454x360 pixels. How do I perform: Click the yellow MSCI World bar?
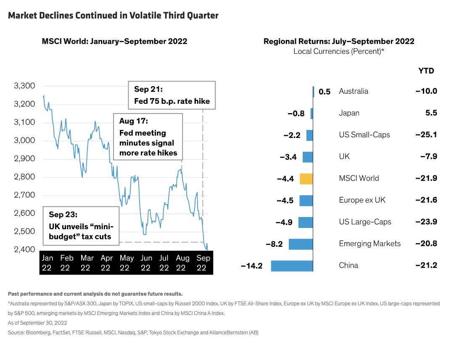point(306,178)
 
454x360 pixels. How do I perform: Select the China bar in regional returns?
point(292,265)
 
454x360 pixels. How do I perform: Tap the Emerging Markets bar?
point(301,244)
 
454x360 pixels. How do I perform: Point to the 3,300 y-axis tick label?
point(24,86)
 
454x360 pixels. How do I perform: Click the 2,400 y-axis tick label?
point(24,250)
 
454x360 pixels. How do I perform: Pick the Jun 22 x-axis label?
point(146,263)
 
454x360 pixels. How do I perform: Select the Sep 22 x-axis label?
point(203,263)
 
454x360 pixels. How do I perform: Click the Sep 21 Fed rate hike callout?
point(172,95)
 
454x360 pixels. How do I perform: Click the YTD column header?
point(426,71)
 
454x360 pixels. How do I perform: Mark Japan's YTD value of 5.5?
point(431,113)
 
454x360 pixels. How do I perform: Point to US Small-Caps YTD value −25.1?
point(426,135)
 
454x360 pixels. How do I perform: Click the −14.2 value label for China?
point(252,265)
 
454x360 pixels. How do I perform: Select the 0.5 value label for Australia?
point(325,92)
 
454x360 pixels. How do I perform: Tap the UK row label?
point(344,157)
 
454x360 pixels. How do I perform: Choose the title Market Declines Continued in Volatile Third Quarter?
point(113,16)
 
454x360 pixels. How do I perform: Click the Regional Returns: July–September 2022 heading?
point(339,41)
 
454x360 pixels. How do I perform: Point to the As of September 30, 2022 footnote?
point(37,323)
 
